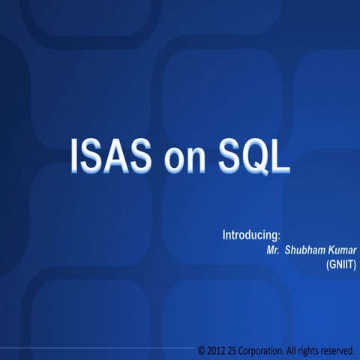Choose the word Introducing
250,235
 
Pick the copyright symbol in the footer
201,350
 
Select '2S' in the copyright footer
235,350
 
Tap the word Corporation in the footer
263,350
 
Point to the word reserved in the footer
340,350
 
